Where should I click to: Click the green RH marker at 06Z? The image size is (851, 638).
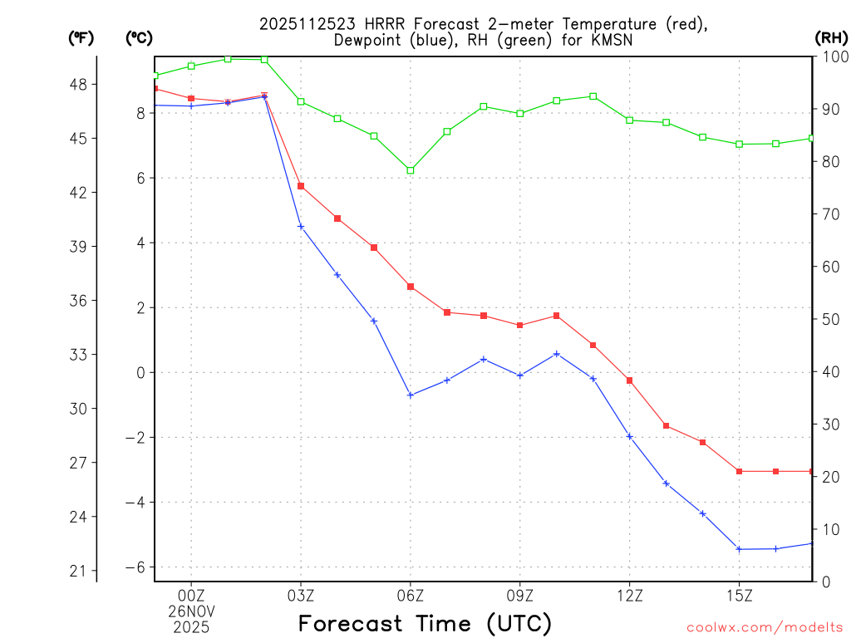[411, 170]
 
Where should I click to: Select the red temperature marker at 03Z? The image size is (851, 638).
[301, 186]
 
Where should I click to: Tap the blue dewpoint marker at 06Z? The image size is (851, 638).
[411, 395]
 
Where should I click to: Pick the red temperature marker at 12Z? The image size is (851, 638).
[630, 380]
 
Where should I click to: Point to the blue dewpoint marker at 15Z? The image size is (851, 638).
[739, 549]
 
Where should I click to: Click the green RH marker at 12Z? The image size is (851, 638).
[630, 120]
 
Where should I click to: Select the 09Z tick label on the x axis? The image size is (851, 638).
[520, 596]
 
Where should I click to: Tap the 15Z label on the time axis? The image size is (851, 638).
[739, 596]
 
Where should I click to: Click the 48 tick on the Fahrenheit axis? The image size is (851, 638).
[83, 84]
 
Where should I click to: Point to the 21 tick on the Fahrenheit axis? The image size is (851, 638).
[83, 571]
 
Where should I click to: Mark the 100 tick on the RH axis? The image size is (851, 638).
[832, 56]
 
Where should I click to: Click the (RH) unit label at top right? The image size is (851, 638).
[831, 37]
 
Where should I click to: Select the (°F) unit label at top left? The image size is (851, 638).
[81, 37]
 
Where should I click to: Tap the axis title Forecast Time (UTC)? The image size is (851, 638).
[425, 623]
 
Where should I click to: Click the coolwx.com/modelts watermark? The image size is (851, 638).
[765, 627]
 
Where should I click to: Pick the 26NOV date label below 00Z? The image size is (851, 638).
[191, 611]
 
